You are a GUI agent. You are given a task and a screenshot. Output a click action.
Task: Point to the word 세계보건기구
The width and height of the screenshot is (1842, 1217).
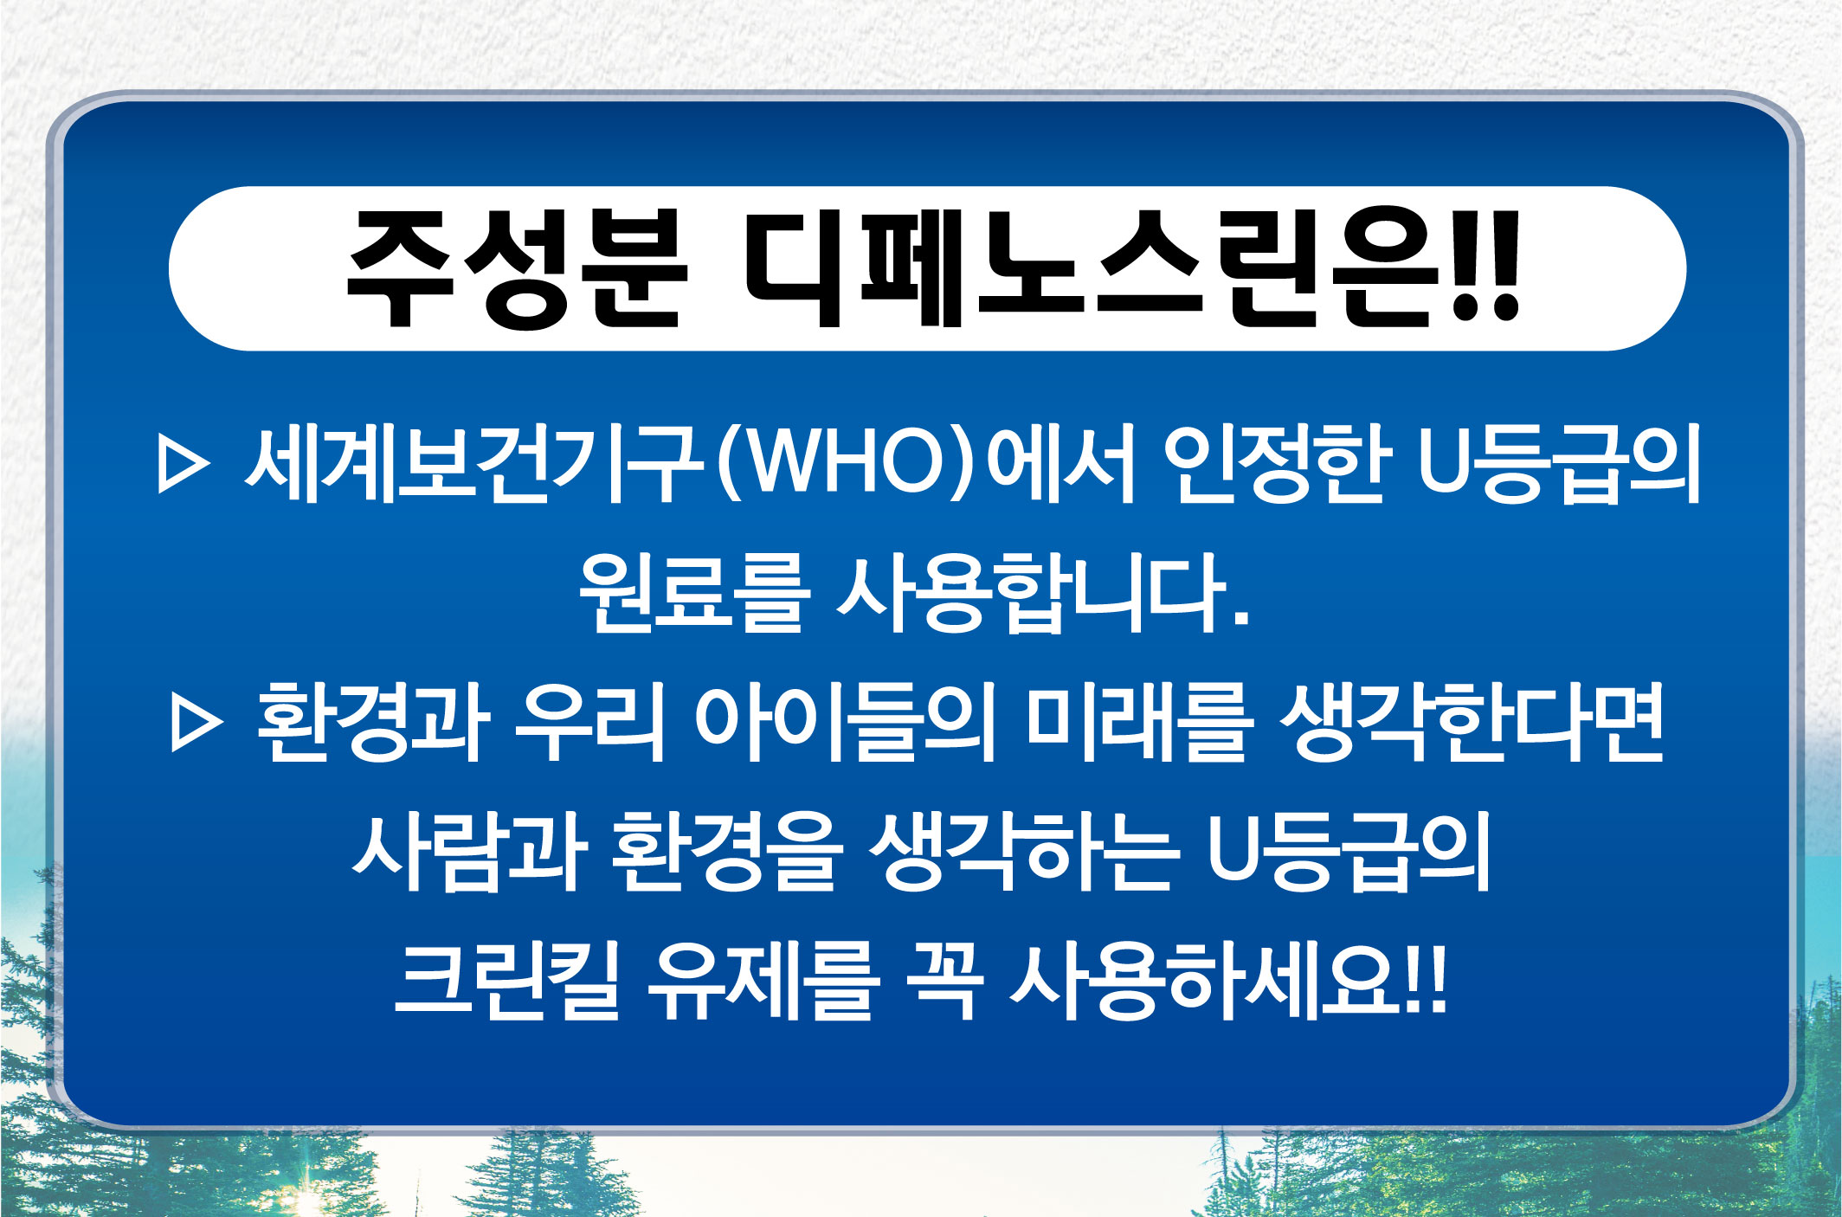473,465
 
